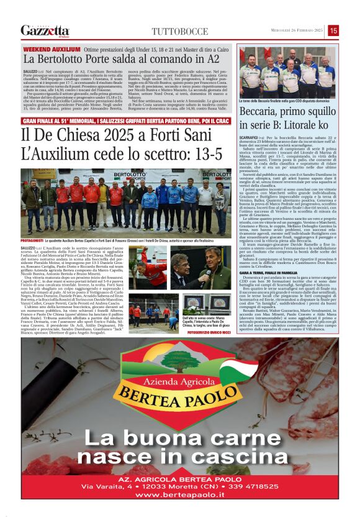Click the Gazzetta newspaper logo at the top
click(x=45, y=30)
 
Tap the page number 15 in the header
click(x=333, y=30)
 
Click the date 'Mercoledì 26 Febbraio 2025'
click(x=292, y=30)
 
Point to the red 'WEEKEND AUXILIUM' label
click(x=52, y=48)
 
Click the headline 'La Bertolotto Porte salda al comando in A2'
click(x=121, y=59)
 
